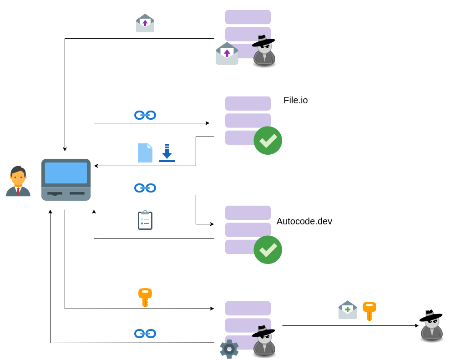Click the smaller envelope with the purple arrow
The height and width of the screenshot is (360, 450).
point(145,23)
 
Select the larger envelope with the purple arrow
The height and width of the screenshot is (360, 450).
point(227,54)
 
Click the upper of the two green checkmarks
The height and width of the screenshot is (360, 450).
point(268,141)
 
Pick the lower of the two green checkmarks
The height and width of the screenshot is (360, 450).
point(268,250)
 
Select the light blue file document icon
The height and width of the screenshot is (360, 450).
point(145,153)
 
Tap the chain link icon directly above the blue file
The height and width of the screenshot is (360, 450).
point(145,115)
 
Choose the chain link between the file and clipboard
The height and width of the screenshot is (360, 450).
point(145,188)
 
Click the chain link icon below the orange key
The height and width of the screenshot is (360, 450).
point(145,334)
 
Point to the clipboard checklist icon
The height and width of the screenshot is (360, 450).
point(145,220)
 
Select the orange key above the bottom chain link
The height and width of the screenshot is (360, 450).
point(145,297)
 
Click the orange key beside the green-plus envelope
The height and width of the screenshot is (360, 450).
point(369,310)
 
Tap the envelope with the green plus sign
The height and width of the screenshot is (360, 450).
point(348,310)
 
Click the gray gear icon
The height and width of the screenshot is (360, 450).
point(229,349)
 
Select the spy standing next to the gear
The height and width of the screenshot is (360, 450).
point(264,341)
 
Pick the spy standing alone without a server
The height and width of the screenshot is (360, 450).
point(431,326)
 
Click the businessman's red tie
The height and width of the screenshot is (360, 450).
point(18,190)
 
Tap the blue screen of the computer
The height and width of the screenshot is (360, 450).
point(66,173)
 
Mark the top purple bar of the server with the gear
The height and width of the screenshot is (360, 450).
point(248,308)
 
